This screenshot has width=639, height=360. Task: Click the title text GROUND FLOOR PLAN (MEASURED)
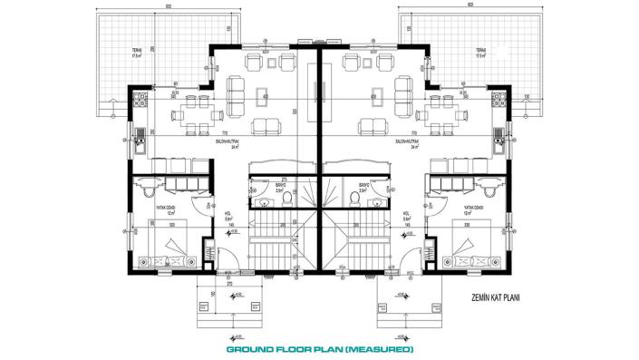(x=319, y=349)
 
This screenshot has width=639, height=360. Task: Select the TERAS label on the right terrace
(x=482, y=51)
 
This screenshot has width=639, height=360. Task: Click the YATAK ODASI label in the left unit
(x=152, y=208)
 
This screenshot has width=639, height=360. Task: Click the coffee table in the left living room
(x=262, y=97)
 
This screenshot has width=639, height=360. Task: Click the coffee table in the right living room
(x=375, y=97)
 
